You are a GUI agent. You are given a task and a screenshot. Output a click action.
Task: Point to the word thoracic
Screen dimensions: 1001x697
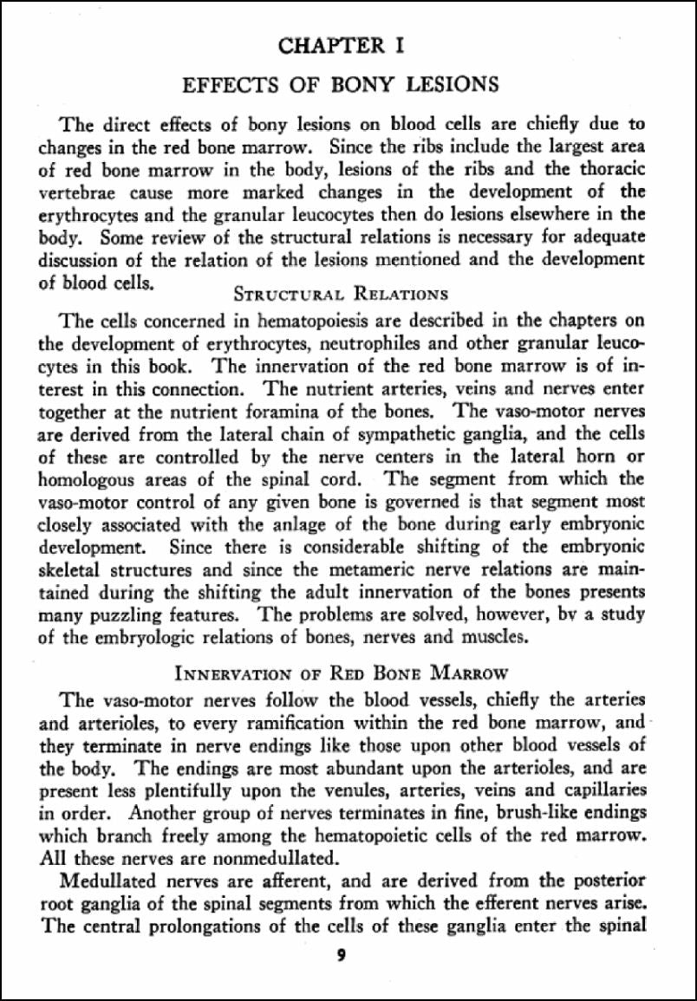click(607, 168)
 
